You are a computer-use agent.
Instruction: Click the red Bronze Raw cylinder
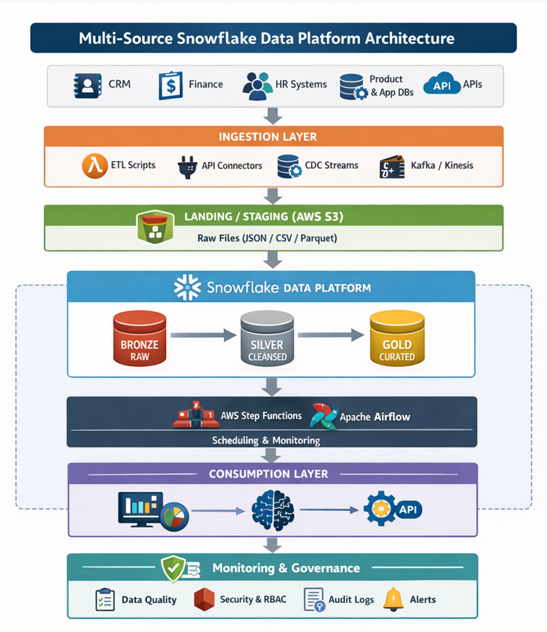pyautogui.click(x=140, y=337)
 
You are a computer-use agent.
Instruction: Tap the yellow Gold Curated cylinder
pyautogui.click(x=398, y=337)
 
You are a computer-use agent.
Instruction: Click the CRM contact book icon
pyautogui.click(x=87, y=85)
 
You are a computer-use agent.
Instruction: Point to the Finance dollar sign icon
pyautogui.click(x=171, y=85)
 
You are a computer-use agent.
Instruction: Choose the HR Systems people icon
pyautogui.click(x=257, y=86)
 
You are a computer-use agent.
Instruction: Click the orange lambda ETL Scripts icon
pyautogui.click(x=94, y=166)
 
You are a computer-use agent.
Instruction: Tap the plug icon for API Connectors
pyautogui.click(x=187, y=167)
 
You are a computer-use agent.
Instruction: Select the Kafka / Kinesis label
pyautogui.click(x=442, y=166)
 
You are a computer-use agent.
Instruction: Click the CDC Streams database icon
pyautogui.click(x=288, y=167)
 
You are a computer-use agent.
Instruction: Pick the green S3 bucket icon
pyautogui.click(x=155, y=226)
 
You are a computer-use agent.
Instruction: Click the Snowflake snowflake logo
pyautogui.click(x=187, y=288)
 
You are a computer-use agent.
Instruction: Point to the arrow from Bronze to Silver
pyautogui.click(x=203, y=336)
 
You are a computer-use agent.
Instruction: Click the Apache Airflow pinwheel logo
pyautogui.click(x=324, y=416)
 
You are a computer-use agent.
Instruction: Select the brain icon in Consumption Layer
pyautogui.click(x=272, y=510)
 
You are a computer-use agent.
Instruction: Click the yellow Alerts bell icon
pyautogui.click(x=393, y=599)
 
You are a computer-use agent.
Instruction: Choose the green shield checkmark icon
pyautogui.click(x=173, y=568)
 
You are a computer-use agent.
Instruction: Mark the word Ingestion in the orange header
pyautogui.click(x=246, y=137)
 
